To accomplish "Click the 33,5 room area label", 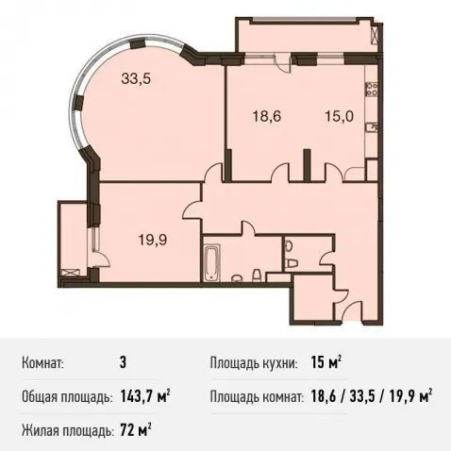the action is point(136,79).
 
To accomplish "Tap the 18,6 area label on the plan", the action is point(267,117).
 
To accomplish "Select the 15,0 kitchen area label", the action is point(339,117).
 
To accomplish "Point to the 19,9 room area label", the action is point(153,241).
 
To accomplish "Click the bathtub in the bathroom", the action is point(212,263).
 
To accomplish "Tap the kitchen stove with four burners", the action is point(372,89).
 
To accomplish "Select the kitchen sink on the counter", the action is point(372,128).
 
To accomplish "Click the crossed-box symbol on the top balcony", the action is point(376,35).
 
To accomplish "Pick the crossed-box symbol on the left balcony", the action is point(71,273).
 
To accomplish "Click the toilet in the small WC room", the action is point(292,263).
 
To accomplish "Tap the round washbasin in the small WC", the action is point(288,247).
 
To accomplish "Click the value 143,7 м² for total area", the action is point(145,397).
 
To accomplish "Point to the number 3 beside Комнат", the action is point(123,362).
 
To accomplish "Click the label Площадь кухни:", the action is point(254,363).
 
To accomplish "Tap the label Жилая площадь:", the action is point(68,431).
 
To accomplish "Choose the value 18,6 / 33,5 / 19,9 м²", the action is point(372,397).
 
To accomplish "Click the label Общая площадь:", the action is point(67,397).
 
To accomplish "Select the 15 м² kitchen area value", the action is point(326,362).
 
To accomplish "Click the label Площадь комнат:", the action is point(257,397).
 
